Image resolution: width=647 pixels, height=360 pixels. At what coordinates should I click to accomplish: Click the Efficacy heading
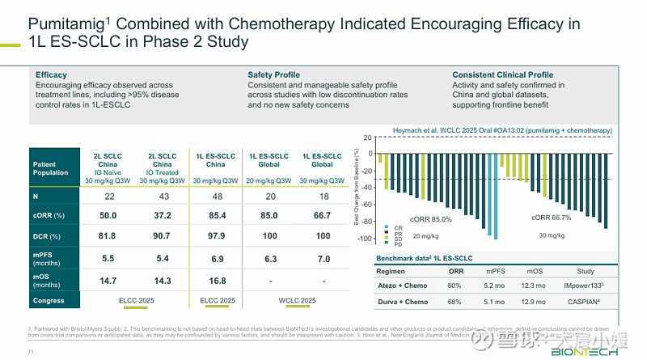51,75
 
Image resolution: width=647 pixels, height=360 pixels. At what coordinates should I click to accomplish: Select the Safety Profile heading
274,75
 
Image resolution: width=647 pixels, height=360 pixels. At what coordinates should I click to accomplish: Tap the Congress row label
49,301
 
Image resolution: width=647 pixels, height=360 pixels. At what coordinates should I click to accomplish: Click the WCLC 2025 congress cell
295,301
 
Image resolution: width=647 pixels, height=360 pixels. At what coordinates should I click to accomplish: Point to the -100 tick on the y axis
365,239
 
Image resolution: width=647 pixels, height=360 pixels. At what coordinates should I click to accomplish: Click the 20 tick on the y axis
368,138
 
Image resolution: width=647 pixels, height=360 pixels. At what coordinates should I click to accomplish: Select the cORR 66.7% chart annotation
551,218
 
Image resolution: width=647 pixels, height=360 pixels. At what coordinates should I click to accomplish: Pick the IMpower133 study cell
584,286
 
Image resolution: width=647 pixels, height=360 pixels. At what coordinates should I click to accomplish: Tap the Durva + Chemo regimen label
403,302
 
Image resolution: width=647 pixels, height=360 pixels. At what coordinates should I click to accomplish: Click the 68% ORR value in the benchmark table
455,302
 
